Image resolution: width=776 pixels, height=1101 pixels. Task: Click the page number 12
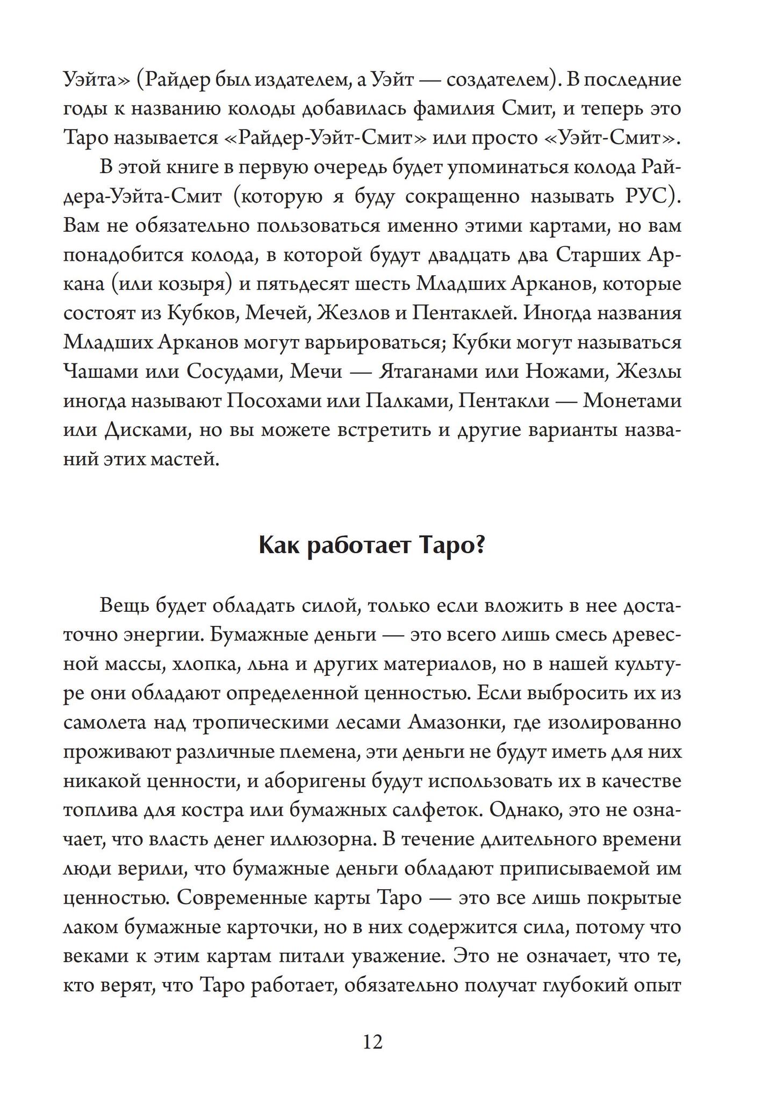coord(373,1042)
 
